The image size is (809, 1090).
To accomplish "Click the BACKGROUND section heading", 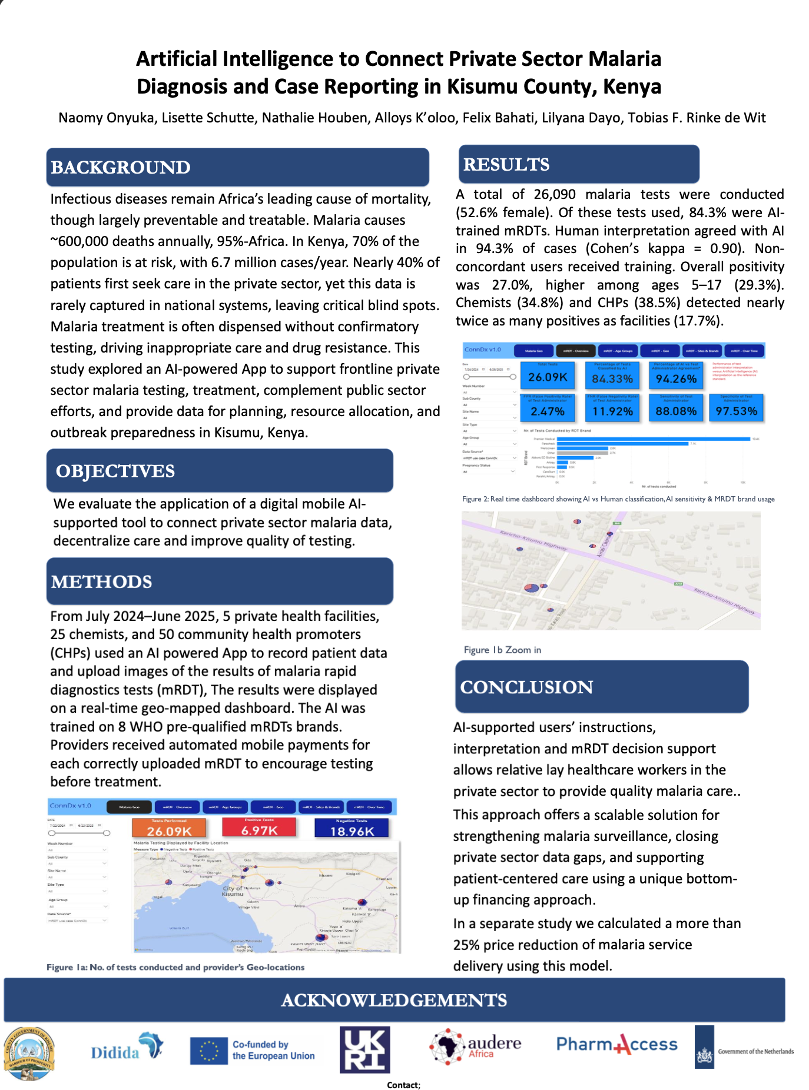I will coord(120,168).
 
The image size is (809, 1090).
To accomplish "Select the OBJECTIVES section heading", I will coord(115,471).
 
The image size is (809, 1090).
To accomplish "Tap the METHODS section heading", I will coord(101,582).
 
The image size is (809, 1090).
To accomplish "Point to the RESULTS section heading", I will coord(506,165).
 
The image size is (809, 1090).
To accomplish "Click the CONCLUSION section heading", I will coord(526,687).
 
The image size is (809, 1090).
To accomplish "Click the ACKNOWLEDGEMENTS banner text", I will coord(394,1000).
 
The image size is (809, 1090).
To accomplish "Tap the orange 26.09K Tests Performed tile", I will coord(169,828).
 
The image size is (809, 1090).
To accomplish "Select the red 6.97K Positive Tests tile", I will coord(259,828).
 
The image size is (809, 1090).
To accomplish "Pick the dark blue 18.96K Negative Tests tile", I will coord(352,828).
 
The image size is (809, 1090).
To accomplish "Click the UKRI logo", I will coord(365,1049).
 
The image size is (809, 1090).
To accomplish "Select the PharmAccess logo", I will coord(616,1045).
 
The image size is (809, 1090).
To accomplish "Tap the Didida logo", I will coord(126,1048).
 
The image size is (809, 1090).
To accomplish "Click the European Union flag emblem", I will coord(208,1051).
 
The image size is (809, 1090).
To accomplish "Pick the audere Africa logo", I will coord(476,1047).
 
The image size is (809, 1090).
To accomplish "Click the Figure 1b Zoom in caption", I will coord(502,650).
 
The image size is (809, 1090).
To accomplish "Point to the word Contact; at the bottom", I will coord(403,1085).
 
